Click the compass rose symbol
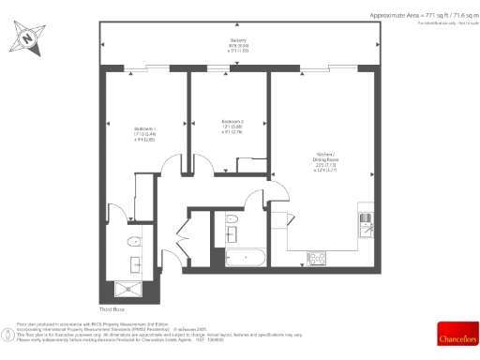pyautogui.click(x=28, y=39)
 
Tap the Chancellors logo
pyautogui.click(x=457, y=334)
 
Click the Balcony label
pyautogui.click(x=239, y=40)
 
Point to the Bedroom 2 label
pyautogui.click(x=232, y=122)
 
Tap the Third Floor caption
pyautogui.click(x=112, y=307)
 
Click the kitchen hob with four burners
pyautogui.click(x=317, y=257)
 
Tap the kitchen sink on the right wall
pyautogui.click(x=366, y=225)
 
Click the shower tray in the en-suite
pyautogui.click(x=127, y=287)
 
